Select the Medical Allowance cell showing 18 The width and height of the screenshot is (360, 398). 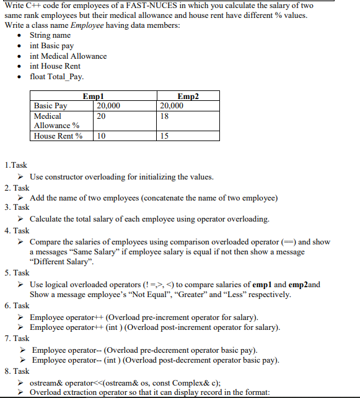pos(164,116)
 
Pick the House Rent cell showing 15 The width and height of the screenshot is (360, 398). pos(164,136)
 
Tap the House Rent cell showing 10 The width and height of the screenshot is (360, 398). pos(102,136)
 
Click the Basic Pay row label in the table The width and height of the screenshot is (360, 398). pos(51,106)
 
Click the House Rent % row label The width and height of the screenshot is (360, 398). pos(58,136)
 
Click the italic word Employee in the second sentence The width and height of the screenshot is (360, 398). pos(87,25)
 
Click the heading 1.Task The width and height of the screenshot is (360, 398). pos(15,165)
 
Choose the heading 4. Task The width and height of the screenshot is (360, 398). pos(17,230)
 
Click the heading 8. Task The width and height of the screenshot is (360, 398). pos(17,371)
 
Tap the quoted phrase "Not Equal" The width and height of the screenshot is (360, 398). pos(147,295)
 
